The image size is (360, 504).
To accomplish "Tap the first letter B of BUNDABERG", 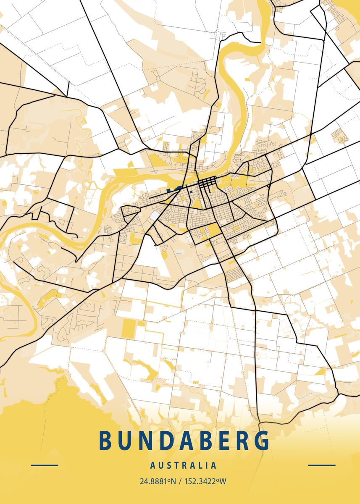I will (x=105, y=440).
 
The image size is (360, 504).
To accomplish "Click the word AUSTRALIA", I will (x=184, y=465).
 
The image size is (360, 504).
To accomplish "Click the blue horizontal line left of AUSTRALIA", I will (x=45, y=465).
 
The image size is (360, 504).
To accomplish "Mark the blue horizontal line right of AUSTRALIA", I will (x=322, y=465).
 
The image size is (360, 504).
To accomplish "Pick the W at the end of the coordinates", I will (x=223, y=481).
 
